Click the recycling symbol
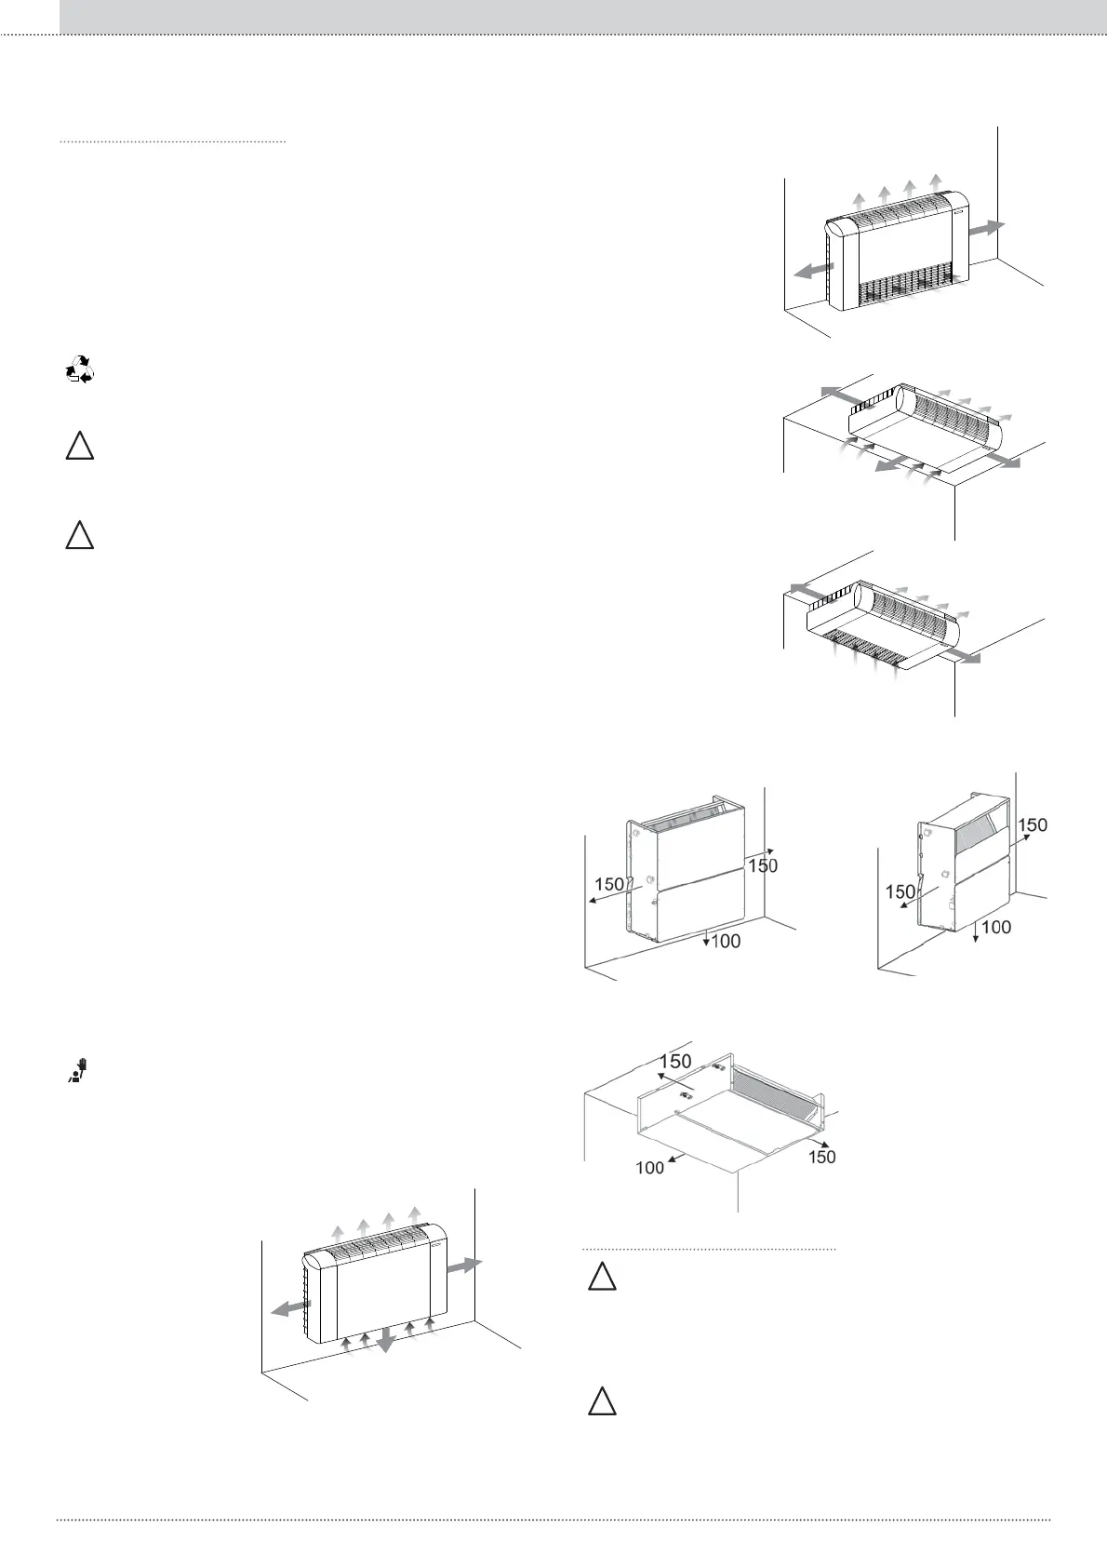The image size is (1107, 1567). coord(80,370)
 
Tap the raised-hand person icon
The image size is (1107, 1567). coord(80,1071)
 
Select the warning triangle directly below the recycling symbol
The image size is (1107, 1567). coord(80,447)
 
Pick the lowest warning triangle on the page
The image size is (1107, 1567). coord(602,1401)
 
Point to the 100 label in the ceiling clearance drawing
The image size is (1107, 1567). coord(650,1167)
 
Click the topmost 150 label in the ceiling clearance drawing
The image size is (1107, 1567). coord(675,1062)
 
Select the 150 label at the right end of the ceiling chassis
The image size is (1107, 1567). coord(822,1157)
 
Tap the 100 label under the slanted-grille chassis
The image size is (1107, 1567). coord(995,928)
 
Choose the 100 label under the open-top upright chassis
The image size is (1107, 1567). coord(726,942)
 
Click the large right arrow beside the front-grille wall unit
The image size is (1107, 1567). coord(987,227)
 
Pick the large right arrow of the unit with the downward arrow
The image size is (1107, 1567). coord(465,1266)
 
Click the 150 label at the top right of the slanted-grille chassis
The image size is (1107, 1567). coord(1033,824)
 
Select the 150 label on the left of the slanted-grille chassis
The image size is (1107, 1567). coord(900,891)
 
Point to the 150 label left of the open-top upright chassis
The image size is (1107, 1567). coord(609,884)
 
